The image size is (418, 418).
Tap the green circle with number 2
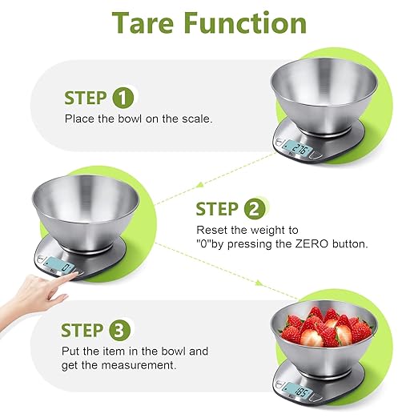254,210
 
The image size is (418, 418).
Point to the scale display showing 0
60,267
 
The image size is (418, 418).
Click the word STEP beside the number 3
82,330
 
